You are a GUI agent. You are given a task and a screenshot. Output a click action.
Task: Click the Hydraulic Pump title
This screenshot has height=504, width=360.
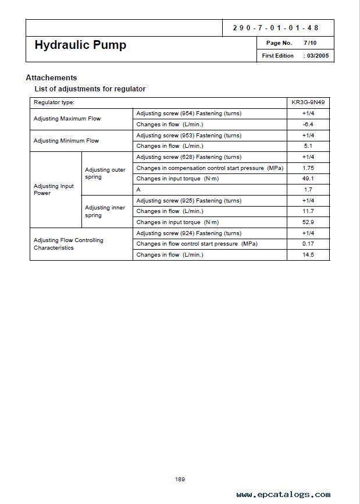pyautogui.click(x=80, y=45)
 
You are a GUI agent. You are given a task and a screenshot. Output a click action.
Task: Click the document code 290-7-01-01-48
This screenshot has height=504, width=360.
pyautogui.click(x=275, y=28)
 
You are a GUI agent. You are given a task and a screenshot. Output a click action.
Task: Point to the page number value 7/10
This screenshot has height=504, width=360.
pyautogui.click(x=310, y=43)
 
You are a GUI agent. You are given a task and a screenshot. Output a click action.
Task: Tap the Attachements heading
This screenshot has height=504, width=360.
pyautogui.click(x=51, y=77)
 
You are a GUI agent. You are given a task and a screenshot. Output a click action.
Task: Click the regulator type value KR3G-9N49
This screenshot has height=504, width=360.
pyautogui.click(x=308, y=102)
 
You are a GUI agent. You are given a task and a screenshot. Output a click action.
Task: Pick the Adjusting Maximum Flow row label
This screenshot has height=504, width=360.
pyautogui.click(x=67, y=119)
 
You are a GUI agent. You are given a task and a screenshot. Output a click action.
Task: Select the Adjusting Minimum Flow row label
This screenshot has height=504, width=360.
pyautogui.click(x=66, y=141)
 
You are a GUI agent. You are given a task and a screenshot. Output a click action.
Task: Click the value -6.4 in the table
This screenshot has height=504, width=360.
pyautogui.click(x=308, y=124)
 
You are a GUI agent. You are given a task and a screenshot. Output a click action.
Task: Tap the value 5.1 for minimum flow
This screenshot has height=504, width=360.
pyautogui.click(x=308, y=146)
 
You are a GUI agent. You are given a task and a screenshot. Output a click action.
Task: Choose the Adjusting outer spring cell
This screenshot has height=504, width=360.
pyautogui.click(x=105, y=173)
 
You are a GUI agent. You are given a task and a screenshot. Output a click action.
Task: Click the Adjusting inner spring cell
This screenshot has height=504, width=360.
pyautogui.click(x=105, y=211)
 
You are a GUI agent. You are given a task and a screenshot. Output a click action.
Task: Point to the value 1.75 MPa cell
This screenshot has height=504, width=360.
pyautogui.click(x=308, y=168)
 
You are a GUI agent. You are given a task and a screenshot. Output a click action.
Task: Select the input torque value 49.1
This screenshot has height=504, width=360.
pyautogui.click(x=308, y=179)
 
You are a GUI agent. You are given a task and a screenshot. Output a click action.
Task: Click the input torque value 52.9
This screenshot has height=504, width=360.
pyautogui.click(x=308, y=222)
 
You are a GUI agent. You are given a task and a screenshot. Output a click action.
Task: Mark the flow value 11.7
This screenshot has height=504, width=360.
pyautogui.click(x=308, y=211)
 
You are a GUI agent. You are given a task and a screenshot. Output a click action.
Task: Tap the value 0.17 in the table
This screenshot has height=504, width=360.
pyautogui.click(x=308, y=244)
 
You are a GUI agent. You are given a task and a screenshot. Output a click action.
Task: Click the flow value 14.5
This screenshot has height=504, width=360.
pyautogui.click(x=308, y=255)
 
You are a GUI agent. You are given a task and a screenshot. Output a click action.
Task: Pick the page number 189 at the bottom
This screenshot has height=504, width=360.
pyautogui.click(x=180, y=479)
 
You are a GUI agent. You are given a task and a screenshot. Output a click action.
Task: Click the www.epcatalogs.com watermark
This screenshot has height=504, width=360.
pyautogui.click(x=283, y=495)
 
